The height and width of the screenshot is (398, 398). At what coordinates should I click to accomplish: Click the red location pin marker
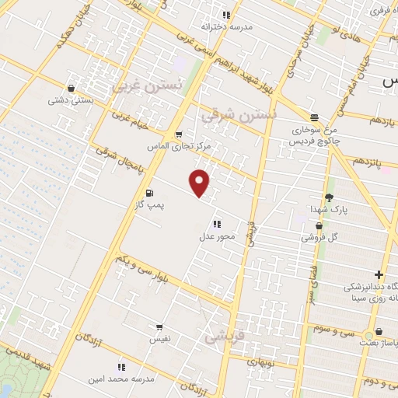pyautogui.click(x=201, y=183)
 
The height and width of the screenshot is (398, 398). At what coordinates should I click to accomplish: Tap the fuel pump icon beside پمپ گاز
pyautogui.click(x=149, y=193)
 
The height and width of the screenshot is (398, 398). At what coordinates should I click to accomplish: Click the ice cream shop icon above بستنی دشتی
pyautogui.click(x=72, y=89)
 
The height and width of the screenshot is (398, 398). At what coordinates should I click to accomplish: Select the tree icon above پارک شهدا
pyautogui.click(x=329, y=197)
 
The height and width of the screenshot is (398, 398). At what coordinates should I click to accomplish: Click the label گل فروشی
pyautogui.click(x=325, y=237)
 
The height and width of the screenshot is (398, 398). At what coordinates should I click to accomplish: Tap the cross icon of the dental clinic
pyautogui.click(x=378, y=274)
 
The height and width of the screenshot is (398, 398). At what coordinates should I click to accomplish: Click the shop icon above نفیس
pyautogui.click(x=159, y=328)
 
